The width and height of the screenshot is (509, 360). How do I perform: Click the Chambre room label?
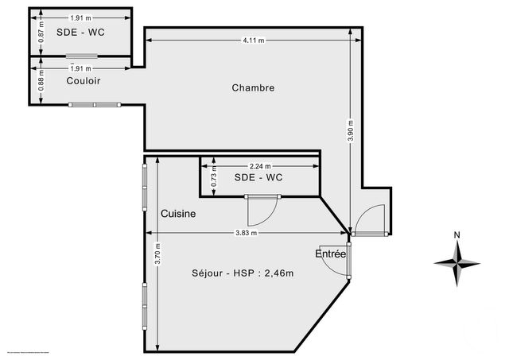pyautogui.click(x=253, y=87)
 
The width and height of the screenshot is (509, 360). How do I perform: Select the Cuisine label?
pyautogui.click(x=178, y=214)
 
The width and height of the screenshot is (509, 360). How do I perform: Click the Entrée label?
pyautogui.click(x=331, y=254)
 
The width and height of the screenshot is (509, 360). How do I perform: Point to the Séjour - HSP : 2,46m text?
pyautogui.click(x=243, y=273)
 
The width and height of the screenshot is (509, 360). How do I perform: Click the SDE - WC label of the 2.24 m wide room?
pyautogui.click(x=258, y=178)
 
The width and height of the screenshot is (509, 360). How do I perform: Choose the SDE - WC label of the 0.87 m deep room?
pyautogui.click(x=81, y=32)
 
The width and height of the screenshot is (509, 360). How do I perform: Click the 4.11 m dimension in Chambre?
pyautogui.click(x=253, y=39)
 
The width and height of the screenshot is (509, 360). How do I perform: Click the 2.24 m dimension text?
pyautogui.click(x=259, y=166)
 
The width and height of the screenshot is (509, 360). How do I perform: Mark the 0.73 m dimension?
pyautogui.click(x=213, y=179)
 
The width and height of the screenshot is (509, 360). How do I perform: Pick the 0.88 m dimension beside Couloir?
pyautogui.click(x=41, y=82)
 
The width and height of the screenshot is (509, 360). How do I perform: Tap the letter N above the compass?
pyautogui.click(x=457, y=235)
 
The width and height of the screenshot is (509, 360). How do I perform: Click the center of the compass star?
pyautogui.click(x=457, y=263)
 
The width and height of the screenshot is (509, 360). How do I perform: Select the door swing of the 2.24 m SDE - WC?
pyautogui.click(x=259, y=211)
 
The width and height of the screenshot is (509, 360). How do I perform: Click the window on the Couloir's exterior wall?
pyautogui.click(x=95, y=104)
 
